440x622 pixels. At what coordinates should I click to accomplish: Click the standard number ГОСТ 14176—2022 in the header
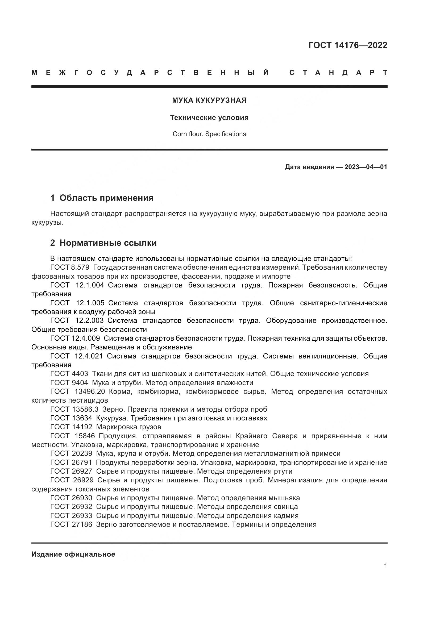348,45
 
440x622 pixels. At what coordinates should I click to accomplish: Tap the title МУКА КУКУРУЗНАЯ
209,101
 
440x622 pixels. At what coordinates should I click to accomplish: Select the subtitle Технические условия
209,118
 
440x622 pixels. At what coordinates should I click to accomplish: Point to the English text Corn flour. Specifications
209,134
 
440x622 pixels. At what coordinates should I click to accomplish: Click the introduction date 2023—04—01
366,167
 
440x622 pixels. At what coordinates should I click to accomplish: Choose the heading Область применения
106,198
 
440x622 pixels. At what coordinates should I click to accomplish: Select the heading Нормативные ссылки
108,243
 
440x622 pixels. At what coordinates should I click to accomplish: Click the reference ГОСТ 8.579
70,267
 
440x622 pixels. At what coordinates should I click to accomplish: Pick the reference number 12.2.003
89,320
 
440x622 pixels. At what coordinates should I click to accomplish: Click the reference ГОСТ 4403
69,374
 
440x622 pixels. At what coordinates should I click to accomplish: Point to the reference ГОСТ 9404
69,383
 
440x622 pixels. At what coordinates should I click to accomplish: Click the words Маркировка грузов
128,427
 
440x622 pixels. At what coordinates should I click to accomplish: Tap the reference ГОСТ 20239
71,453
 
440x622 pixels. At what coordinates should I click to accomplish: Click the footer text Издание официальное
73,554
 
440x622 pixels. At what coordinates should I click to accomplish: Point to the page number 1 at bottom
385,566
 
